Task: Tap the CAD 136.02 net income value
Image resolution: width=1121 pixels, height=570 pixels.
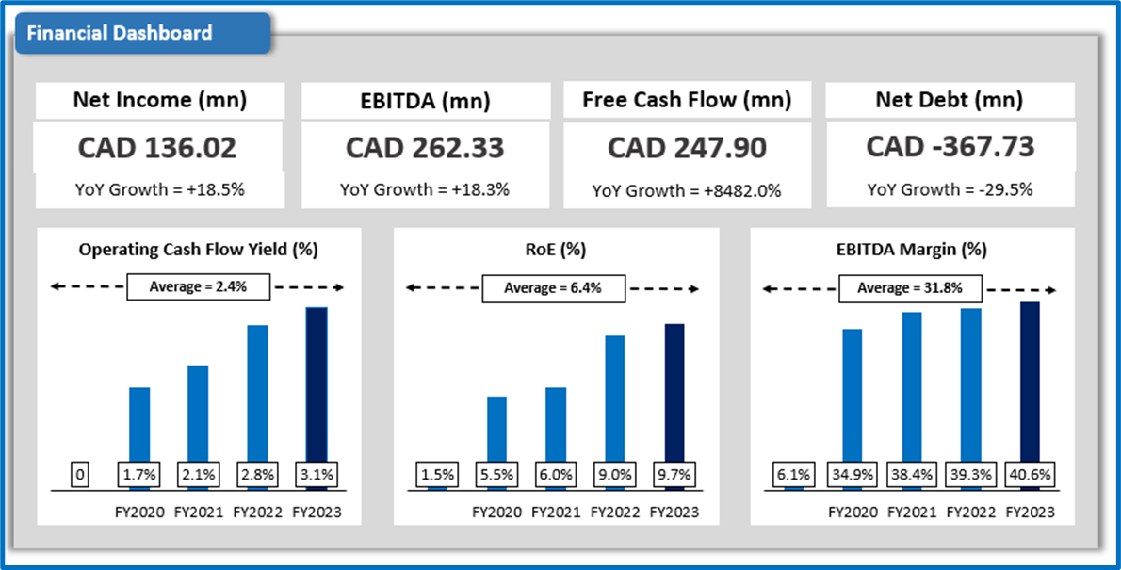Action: tap(157, 148)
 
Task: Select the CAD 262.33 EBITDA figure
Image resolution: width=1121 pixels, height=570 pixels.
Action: tap(425, 148)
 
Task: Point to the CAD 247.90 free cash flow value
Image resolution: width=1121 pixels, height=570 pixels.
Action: tap(687, 148)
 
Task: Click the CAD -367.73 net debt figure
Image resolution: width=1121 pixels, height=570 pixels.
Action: tap(950, 147)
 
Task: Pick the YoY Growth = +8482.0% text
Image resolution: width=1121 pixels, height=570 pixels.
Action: tap(687, 190)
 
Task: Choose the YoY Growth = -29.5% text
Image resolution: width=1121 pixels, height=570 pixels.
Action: tap(950, 189)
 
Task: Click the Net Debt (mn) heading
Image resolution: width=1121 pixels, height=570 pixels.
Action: tap(950, 100)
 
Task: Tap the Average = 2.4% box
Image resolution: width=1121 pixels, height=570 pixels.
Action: tap(198, 287)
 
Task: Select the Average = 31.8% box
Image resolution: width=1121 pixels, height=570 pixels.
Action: tap(910, 288)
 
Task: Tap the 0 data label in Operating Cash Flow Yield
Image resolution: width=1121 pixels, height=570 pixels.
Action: tap(80, 475)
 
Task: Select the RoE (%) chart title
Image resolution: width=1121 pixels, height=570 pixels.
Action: tap(555, 250)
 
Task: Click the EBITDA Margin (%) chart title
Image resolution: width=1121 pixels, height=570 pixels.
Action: tap(911, 250)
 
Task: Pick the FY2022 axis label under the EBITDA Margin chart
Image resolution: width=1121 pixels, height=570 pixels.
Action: tap(970, 513)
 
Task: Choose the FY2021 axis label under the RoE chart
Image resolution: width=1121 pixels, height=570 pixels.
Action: tap(556, 513)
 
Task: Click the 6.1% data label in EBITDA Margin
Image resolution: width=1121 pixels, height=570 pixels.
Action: tap(793, 475)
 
